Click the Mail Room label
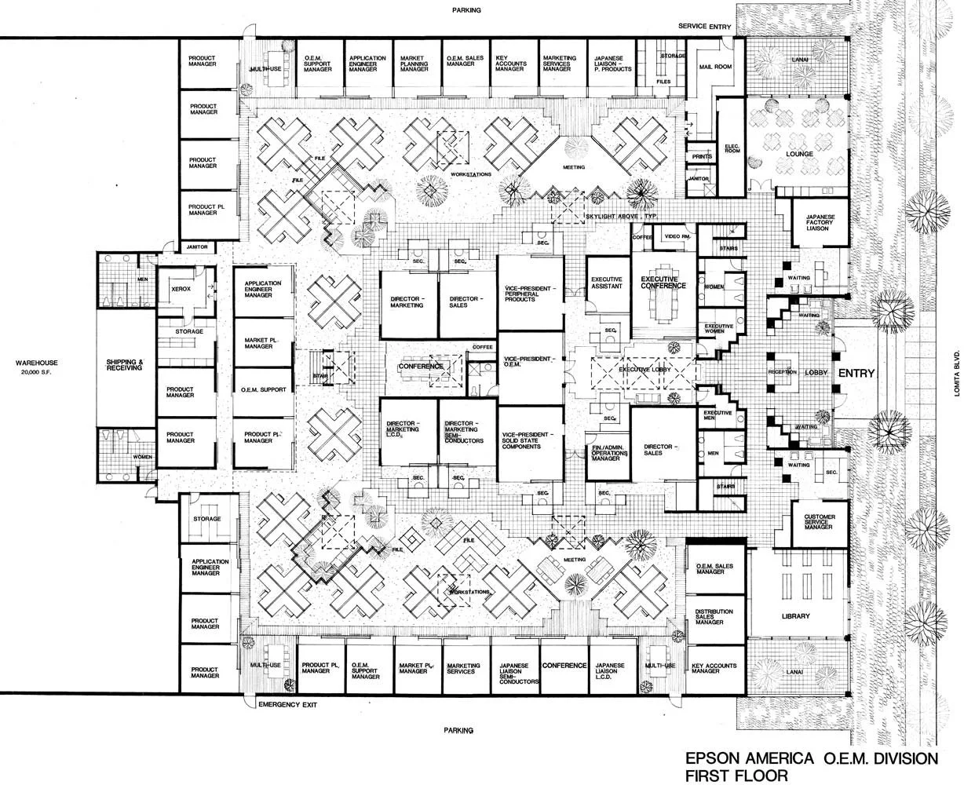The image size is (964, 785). pyautogui.click(x=715, y=68)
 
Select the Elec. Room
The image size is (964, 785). pyautogui.click(x=731, y=149)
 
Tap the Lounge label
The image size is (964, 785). pyautogui.click(x=799, y=154)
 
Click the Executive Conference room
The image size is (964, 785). pyautogui.click(x=663, y=283)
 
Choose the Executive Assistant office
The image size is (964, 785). pyautogui.click(x=607, y=283)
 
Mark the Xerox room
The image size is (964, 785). pyautogui.click(x=181, y=289)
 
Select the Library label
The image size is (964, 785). pyautogui.click(x=795, y=616)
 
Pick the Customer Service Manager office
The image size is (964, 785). pyautogui.click(x=818, y=522)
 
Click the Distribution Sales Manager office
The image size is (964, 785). pyautogui.click(x=714, y=616)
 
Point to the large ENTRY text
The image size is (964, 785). pyautogui.click(x=855, y=374)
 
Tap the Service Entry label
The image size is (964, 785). pyautogui.click(x=705, y=27)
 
